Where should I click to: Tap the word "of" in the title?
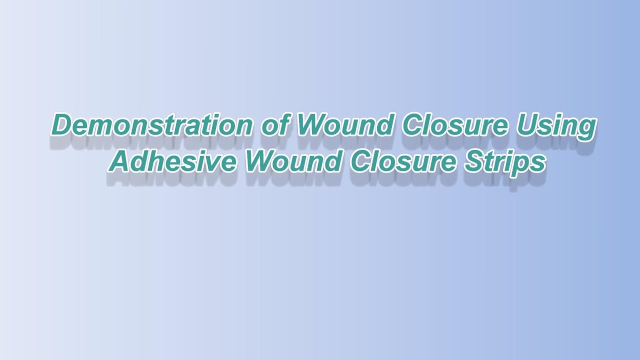tap(274, 125)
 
